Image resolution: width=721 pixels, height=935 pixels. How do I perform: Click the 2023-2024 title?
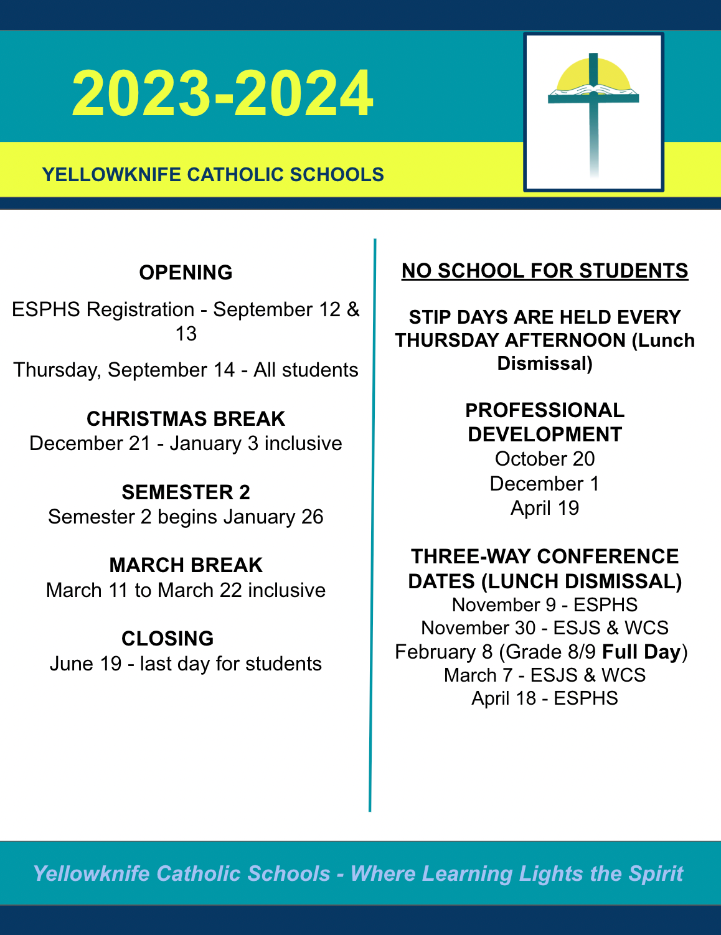click(222, 93)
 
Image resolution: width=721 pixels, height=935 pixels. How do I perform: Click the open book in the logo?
click(593, 92)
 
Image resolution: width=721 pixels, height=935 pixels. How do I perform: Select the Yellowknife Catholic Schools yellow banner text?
click(213, 174)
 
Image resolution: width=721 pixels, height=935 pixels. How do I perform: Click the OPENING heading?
click(186, 273)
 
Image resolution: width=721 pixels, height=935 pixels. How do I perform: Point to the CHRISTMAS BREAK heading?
click(186, 419)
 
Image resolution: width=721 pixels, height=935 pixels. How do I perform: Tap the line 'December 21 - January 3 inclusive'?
click(186, 443)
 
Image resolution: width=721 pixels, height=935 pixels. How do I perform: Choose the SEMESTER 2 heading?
click(186, 492)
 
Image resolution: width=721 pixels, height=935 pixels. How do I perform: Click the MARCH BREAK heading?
click(186, 565)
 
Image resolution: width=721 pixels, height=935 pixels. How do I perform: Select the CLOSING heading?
click(167, 639)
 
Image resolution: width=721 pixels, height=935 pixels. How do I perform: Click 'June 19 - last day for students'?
click(186, 664)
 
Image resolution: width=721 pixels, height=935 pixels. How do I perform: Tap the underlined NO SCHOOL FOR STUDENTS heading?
click(545, 271)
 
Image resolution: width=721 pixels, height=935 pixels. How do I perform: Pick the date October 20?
click(545, 459)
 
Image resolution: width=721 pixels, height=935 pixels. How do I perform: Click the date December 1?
click(545, 484)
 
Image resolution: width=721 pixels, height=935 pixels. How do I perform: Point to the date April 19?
click(545, 508)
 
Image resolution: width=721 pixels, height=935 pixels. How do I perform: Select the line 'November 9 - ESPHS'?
click(545, 604)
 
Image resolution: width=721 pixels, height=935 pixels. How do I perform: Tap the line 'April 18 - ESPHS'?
click(545, 698)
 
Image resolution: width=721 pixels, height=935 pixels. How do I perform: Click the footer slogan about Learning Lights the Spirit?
click(358, 873)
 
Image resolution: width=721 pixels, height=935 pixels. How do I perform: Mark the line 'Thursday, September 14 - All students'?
click(186, 370)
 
